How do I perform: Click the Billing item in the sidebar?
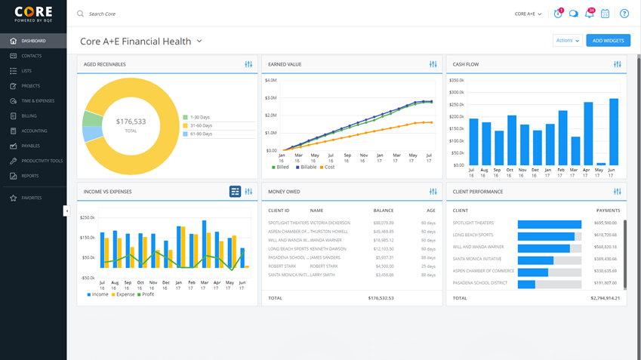(x=29, y=116)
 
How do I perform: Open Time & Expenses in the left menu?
(x=37, y=101)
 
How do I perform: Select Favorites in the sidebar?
(x=31, y=198)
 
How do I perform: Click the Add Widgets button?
(x=608, y=41)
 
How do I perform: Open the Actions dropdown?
(x=567, y=41)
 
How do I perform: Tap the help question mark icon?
(x=624, y=14)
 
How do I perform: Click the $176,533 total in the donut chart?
(x=131, y=122)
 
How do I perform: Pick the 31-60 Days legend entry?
(x=201, y=125)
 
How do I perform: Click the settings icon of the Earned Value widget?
(x=433, y=65)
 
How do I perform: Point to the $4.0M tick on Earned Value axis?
(x=271, y=80)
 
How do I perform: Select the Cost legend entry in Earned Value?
(x=328, y=167)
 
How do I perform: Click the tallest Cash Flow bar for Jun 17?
(x=613, y=131)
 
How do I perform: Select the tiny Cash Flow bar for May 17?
(x=601, y=163)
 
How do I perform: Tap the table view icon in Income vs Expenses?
(x=235, y=192)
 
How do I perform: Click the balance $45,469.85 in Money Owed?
(x=383, y=232)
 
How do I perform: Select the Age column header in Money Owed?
(x=430, y=211)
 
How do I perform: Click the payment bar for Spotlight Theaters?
(x=549, y=223)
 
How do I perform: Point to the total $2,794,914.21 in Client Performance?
(x=605, y=298)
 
